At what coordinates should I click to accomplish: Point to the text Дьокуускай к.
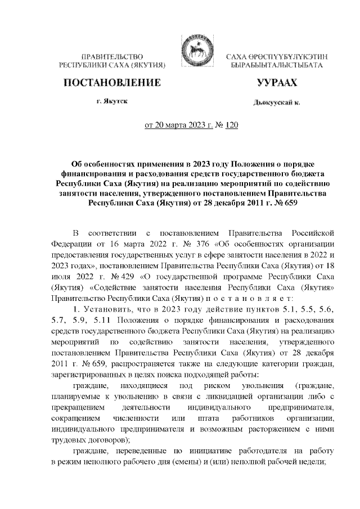pyautogui.click(x=277, y=103)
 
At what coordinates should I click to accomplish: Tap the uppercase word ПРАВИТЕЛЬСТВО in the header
pyautogui.click(x=112, y=57)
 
